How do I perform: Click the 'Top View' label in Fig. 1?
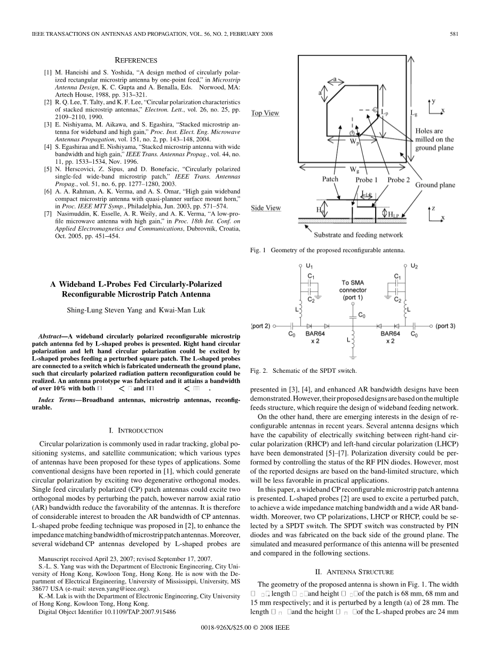pyautogui.click(x=265, y=113)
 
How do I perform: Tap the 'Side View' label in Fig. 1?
pyautogui.click(x=266, y=207)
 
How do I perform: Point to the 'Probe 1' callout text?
pyautogui.click(x=367, y=180)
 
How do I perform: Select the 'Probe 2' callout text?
pyautogui.click(x=398, y=180)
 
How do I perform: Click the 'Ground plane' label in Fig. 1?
pyautogui.click(x=435, y=185)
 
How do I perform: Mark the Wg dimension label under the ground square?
pyautogui.click(x=354, y=170)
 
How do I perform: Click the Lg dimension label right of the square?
pyautogui.click(x=414, y=113)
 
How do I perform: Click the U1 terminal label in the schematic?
pyautogui.click(x=310, y=266)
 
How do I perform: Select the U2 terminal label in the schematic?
pyautogui.click(x=414, y=266)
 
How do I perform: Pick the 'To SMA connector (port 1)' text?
pyautogui.click(x=353, y=290)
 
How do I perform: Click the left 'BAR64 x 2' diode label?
pyautogui.click(x=314, y=337)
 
